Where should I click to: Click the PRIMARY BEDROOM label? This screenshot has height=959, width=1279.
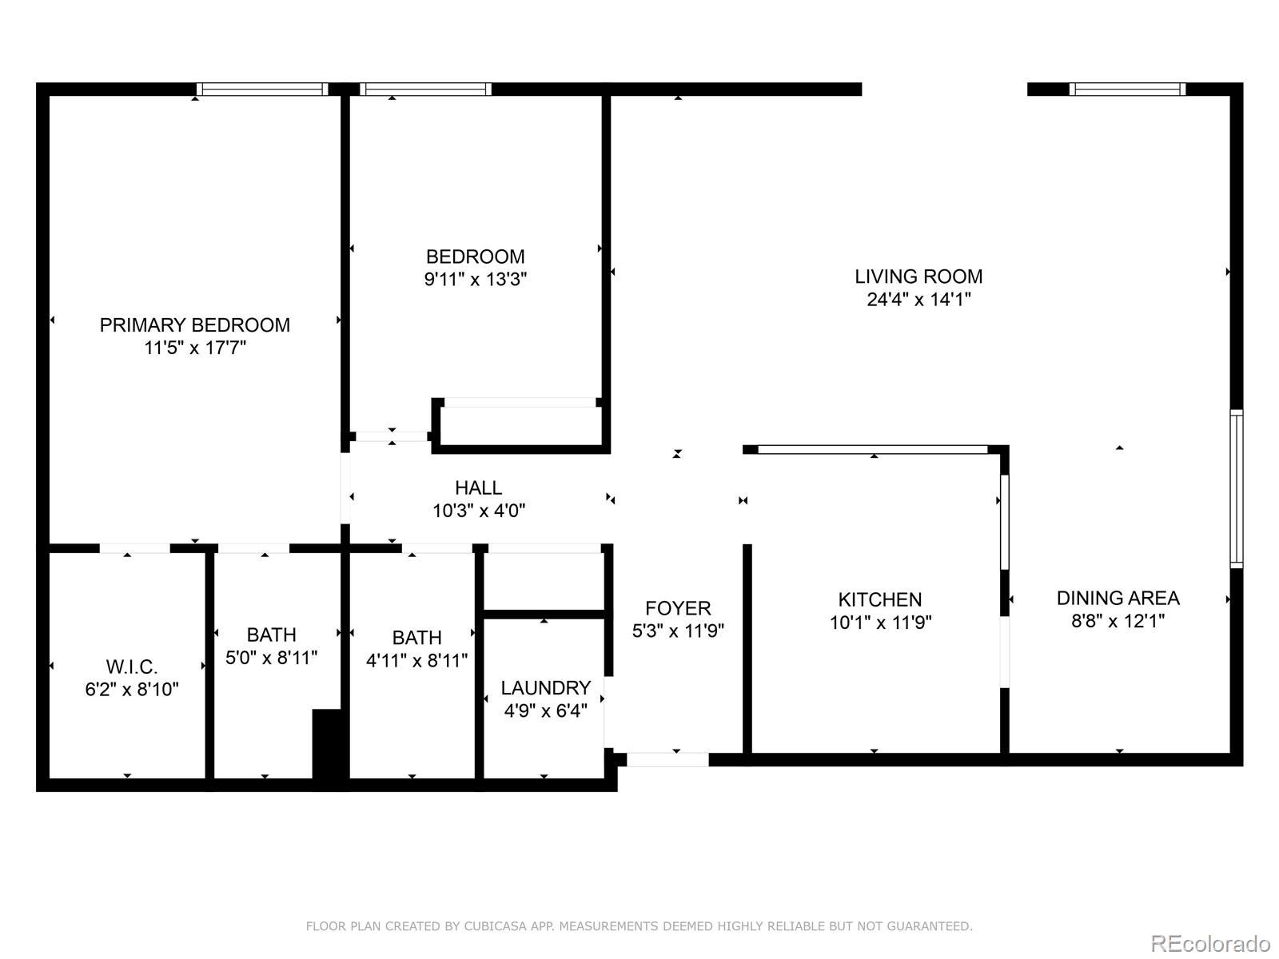click(194, 324)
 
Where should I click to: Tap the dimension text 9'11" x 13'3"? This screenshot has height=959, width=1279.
click(476, 279)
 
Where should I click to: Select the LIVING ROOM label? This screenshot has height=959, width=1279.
click(918, 277)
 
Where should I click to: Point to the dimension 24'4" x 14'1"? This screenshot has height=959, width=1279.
click(918, 300)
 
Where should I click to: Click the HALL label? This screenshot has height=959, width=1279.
click(478, 487)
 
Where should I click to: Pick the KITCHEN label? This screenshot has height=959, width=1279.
click(879, 599)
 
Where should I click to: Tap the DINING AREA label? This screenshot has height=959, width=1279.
click(1118, 598)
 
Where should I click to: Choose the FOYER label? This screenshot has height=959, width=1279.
click(678, 608)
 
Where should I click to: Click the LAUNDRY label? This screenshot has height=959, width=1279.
click(545, 688)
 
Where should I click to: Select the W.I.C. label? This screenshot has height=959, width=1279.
click(132, 667)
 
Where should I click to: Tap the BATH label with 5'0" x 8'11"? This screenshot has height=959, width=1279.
click(272, 635)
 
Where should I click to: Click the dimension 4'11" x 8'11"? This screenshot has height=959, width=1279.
click(416, 661)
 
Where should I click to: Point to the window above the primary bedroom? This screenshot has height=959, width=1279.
click(263, 89)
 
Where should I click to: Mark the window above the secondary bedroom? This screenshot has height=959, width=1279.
click(425, 89)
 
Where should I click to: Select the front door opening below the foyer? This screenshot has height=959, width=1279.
click(667, 759)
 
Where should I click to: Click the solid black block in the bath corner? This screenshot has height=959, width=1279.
click(327, 743)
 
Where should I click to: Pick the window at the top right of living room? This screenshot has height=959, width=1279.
click(1127, 89)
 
